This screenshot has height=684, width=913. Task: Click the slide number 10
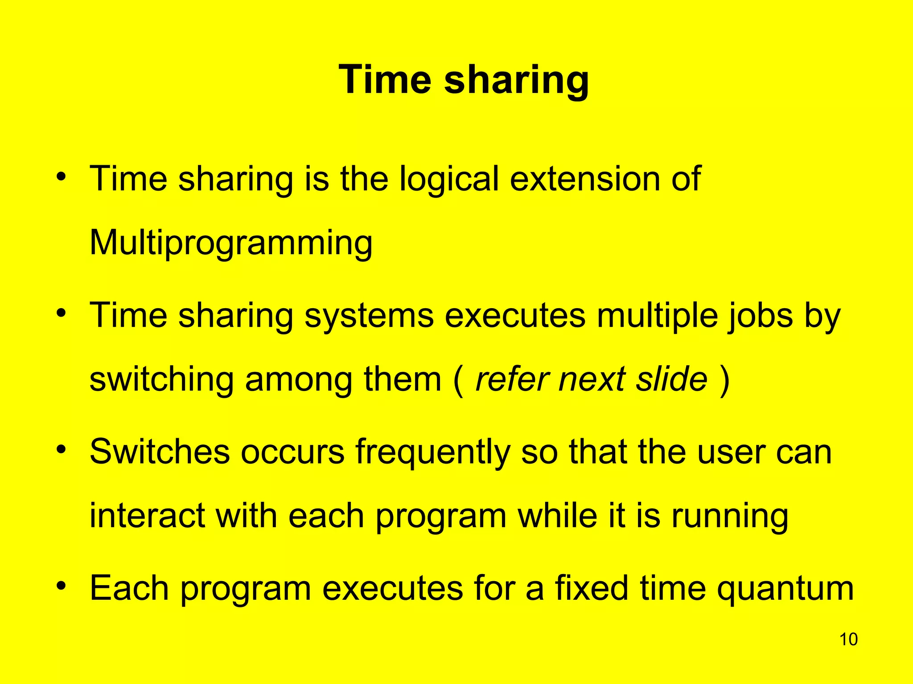click(848, 639)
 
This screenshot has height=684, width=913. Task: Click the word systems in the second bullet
click(369, 315)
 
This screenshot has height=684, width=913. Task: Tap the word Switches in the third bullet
click(160, 452)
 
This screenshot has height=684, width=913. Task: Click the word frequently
click(432, 452)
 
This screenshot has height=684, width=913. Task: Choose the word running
click(730, 517)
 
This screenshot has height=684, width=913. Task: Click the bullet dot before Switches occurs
click(62, 448)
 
